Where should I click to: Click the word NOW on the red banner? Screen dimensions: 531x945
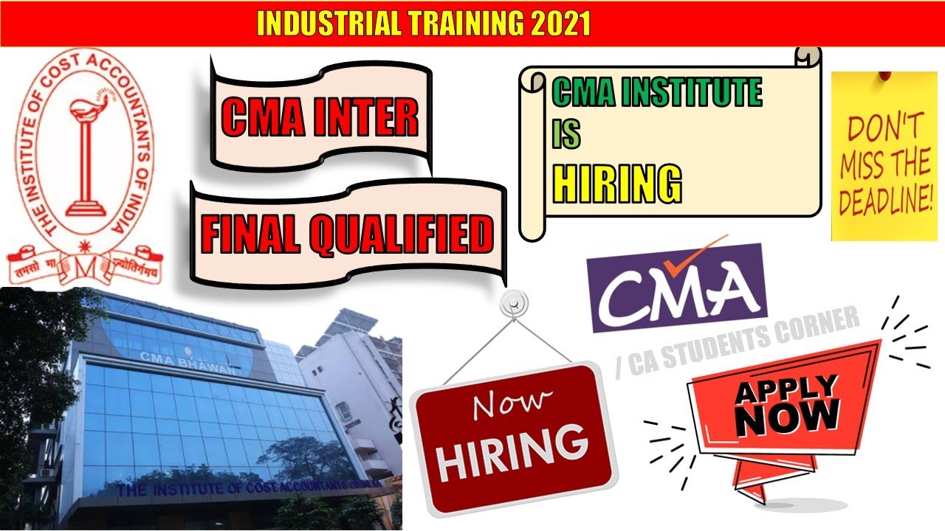(788, 417)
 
